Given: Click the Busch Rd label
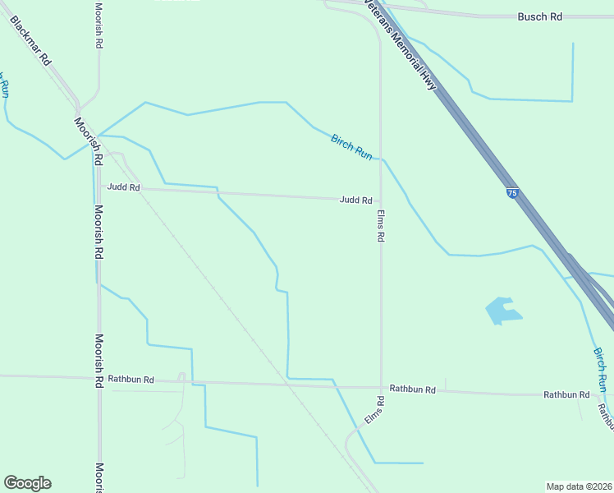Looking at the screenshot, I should [539, 16].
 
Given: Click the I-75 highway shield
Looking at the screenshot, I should [512, 193].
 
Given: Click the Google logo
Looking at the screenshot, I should [27, 483].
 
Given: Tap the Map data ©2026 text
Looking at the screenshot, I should [579, 486].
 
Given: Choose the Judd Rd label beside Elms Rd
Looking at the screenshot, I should [356, 200].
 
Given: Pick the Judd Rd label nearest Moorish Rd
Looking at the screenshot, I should [123, 188].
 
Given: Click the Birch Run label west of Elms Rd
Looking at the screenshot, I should [352, 146].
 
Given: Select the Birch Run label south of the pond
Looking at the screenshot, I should [602, 369].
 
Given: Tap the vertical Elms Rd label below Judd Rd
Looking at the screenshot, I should [381, 224].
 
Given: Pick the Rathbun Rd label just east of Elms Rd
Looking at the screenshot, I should [412, 389].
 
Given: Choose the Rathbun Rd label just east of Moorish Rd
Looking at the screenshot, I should [131, 380].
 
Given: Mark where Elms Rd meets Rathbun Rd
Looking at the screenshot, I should [381, 387].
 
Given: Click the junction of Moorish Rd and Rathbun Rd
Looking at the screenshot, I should [99, 379].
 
